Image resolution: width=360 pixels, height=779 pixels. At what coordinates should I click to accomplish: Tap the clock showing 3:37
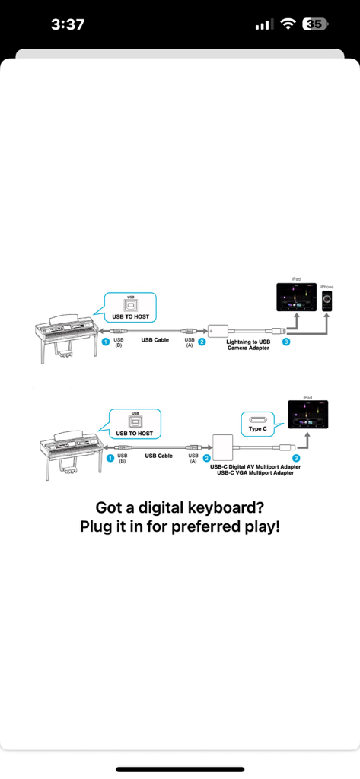click(x=67, y=24)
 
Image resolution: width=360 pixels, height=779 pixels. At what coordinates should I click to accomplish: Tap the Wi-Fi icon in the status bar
click(x=288, y=24)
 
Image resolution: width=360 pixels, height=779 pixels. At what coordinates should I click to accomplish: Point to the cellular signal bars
click(x=263, y=25)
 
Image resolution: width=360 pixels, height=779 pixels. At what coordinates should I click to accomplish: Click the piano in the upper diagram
click(x=65, y=335)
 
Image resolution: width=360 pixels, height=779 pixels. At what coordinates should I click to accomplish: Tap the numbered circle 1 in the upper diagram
click(x=106, y=342)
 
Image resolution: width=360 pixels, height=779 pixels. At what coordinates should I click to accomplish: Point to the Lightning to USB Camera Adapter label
click(x=248, y=345)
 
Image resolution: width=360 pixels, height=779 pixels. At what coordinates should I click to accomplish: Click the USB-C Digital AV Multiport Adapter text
click(x=254, y=466)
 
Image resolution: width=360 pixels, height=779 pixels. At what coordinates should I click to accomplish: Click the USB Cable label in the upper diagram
click(x=155, y=340)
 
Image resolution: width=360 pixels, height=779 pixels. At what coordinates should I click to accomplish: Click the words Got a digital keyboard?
click(x=180, y=507)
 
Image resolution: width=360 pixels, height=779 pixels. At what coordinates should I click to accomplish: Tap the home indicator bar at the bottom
click(x=180, y=769)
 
